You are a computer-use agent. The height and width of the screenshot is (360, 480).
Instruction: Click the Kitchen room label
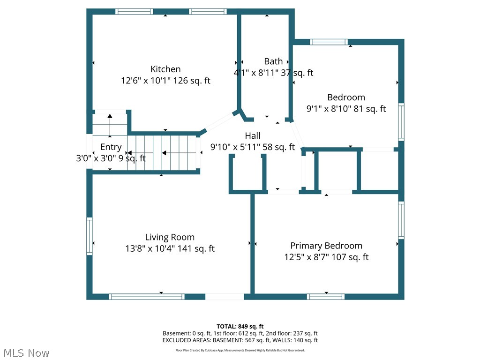pyautogui.click(x=165, y=69)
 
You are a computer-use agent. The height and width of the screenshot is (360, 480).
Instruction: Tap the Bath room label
pyautogui.click(x=273, y=61)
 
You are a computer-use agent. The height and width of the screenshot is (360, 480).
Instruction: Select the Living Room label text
pyautogui.click(x=170, y=237)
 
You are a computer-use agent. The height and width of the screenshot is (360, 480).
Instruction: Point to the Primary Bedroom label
pyautogui.click(x=326, y=246)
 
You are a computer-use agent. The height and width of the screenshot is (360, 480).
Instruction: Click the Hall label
pyautogui.click(x=253, y=136)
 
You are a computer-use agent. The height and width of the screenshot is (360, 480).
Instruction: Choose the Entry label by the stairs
pyautogui.click(x=111, y=147)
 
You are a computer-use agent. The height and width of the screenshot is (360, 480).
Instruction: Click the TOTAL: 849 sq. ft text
pyautogui.click(x=240, y=326)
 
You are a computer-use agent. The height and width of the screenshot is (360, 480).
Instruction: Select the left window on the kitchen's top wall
pyautogui.click(x=135, y=12)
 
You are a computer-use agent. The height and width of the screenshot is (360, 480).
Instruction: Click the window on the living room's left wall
pyautogui.click(x=89, y=235)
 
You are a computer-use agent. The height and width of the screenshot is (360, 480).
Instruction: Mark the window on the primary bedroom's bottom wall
pyautogui.click(x=326, y=296)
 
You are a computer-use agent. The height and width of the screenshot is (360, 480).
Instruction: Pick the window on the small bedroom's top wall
pyautogui.click(x=329, y=42)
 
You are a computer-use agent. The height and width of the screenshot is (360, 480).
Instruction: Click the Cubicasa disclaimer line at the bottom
pyautogui.click(x=240, y=350)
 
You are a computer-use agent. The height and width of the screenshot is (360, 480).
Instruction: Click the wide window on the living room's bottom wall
pyautogui.click(x=147, y=296)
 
